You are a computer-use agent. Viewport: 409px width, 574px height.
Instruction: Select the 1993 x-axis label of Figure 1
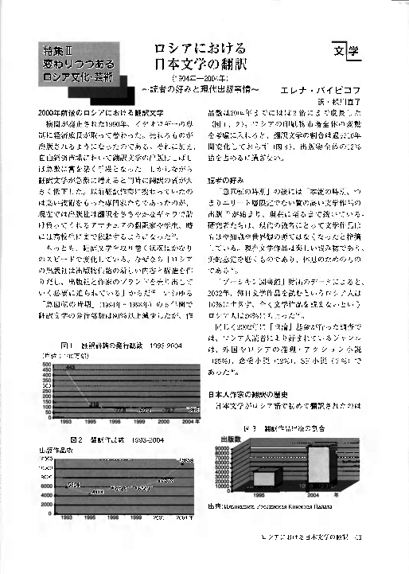coord(68,420)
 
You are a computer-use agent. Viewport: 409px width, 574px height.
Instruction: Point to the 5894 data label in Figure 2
coord(72,484)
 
